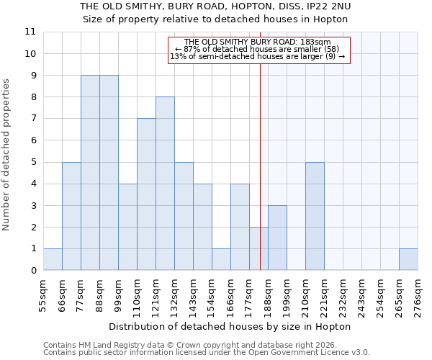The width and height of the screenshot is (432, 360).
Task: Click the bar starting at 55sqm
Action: (x=53, y=259)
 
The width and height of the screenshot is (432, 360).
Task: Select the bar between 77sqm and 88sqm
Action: (x=90, y=173)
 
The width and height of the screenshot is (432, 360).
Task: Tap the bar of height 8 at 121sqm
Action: (x=165, y=184)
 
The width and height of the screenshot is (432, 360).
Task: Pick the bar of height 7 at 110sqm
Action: (x=146, y=194)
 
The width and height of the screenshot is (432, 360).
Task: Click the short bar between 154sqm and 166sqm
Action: (x=221, y=259)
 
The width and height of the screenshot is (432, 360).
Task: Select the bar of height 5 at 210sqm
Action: (x=315, y=216)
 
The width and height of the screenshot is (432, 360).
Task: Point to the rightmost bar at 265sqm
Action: (x=408, y=259)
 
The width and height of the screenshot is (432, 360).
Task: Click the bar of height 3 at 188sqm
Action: (x=277, y=238)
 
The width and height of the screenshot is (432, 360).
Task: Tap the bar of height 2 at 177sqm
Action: (x=258, y=248)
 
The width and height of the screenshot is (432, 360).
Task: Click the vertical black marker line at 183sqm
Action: (x=260, y=144)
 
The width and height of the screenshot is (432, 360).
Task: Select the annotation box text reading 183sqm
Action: (x=258, y=42)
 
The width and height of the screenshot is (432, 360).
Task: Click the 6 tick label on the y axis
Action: (x=32, y=140)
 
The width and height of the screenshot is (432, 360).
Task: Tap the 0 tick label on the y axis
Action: (x=32, y=271)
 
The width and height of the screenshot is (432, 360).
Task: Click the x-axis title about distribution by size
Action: (x=230, y=327)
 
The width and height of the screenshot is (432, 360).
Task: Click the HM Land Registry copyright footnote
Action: (x=207, y=345)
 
